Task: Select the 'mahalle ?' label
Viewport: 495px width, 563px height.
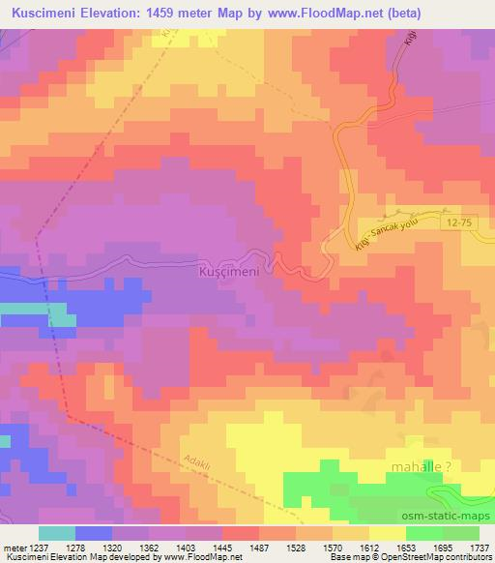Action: [x=421, y=466]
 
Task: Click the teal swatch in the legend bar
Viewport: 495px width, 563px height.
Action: [x=56, y=533]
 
